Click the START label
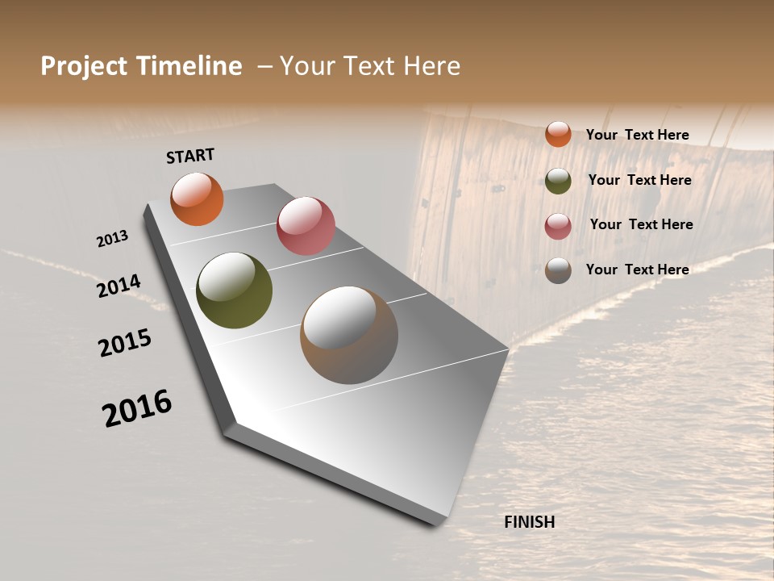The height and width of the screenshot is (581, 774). (190, 156)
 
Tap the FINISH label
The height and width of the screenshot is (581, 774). (530, 522)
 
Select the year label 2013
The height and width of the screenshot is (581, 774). (113, 239)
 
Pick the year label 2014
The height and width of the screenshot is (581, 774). (119, 286)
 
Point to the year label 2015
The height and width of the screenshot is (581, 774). (125, 343)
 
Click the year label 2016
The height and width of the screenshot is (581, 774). (138, 408)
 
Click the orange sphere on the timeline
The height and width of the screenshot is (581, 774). (197, 199)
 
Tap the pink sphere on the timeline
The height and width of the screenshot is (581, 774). (306, 226)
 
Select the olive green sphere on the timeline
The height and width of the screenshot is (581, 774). (234, 290)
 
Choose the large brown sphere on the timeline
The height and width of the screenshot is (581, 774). (349, 335)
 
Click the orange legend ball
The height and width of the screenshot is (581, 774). (558, 134)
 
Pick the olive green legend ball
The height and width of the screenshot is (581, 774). (558, 180)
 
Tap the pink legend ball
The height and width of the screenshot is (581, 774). (558, 225)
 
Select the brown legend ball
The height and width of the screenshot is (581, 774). (558, 270)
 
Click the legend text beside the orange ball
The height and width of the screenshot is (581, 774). (637, 135)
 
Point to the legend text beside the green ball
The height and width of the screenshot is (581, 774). (639, 180)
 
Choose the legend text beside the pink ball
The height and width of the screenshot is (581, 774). (641, 224)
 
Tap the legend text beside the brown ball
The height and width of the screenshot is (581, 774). (637, 270)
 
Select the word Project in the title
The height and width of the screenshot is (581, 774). (84, 66)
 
